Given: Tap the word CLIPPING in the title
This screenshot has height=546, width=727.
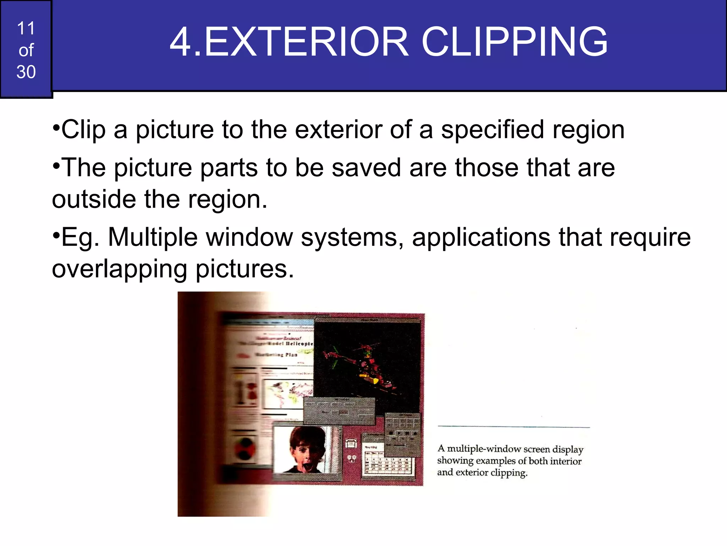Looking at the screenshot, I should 514,42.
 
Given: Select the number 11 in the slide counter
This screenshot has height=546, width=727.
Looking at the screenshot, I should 26,28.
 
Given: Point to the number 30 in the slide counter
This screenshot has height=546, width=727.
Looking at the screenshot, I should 26,72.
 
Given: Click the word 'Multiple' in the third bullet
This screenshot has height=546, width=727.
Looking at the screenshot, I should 153,237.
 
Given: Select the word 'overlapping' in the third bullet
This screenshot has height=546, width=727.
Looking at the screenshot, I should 119,269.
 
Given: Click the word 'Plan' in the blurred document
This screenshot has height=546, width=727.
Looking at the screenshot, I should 291,355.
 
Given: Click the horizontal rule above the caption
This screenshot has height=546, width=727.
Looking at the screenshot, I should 513,426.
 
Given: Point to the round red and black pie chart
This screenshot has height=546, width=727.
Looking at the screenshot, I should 245,448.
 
